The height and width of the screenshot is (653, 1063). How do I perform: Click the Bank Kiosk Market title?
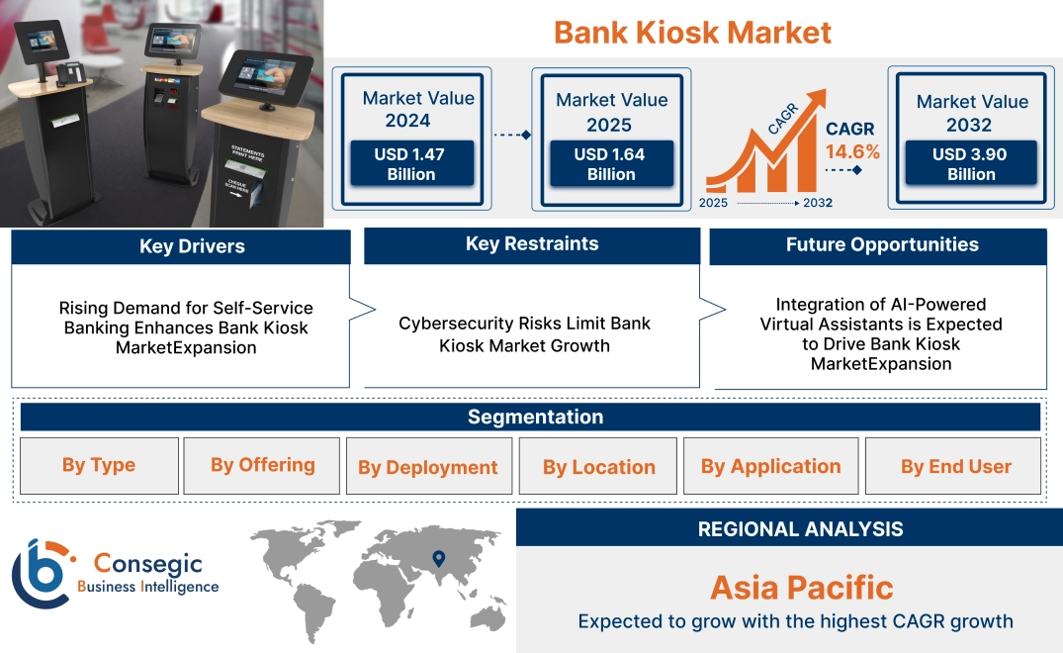(692, 32)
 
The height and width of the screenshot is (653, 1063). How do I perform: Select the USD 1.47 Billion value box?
(411, 163)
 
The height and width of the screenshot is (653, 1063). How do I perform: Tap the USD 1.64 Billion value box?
(611, 163)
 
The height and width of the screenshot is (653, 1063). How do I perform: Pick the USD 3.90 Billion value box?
(971, 163)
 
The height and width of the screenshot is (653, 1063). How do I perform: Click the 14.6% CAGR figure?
(852, 152)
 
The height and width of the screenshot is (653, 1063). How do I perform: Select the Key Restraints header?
(532, 244)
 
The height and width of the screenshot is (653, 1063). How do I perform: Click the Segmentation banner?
(535, 417)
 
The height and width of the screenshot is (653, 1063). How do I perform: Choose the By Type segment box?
(99, 465)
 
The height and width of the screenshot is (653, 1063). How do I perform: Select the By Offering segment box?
(262, 465)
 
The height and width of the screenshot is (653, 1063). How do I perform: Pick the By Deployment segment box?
(428, 467)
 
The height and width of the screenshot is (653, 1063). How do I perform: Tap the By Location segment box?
(598, 467)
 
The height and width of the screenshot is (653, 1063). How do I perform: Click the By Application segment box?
(771, 466)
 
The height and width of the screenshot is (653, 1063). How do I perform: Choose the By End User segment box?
(955, 466)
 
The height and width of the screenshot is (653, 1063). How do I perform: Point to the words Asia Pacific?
(801, 588)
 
